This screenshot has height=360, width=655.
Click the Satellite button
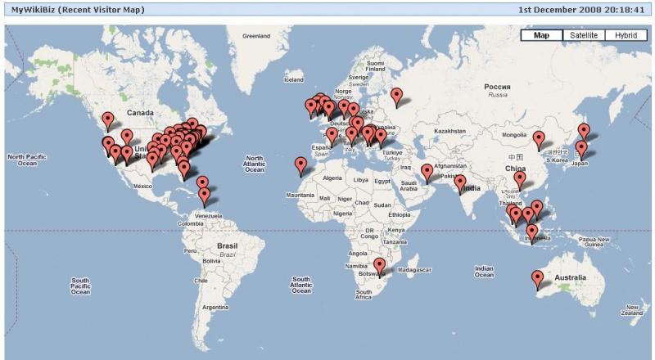[583, 35]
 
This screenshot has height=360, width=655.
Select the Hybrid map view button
[626, 35]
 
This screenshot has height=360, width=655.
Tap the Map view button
[541, 35]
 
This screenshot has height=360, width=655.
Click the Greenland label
[255, 36]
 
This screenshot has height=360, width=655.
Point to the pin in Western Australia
[537, 279]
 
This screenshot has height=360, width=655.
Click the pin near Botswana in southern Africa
[379, 267]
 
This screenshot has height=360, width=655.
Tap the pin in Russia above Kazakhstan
[397, 97]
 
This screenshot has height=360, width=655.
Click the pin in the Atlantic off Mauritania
[300, 165]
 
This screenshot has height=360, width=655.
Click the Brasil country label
[227, 245]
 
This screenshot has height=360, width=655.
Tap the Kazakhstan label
[449, 131]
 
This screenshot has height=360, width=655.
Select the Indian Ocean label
[485, 270]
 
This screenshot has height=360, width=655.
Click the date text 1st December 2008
[558, 10]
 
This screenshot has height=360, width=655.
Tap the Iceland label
[293, 79]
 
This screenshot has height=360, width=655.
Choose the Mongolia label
[514, 134]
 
